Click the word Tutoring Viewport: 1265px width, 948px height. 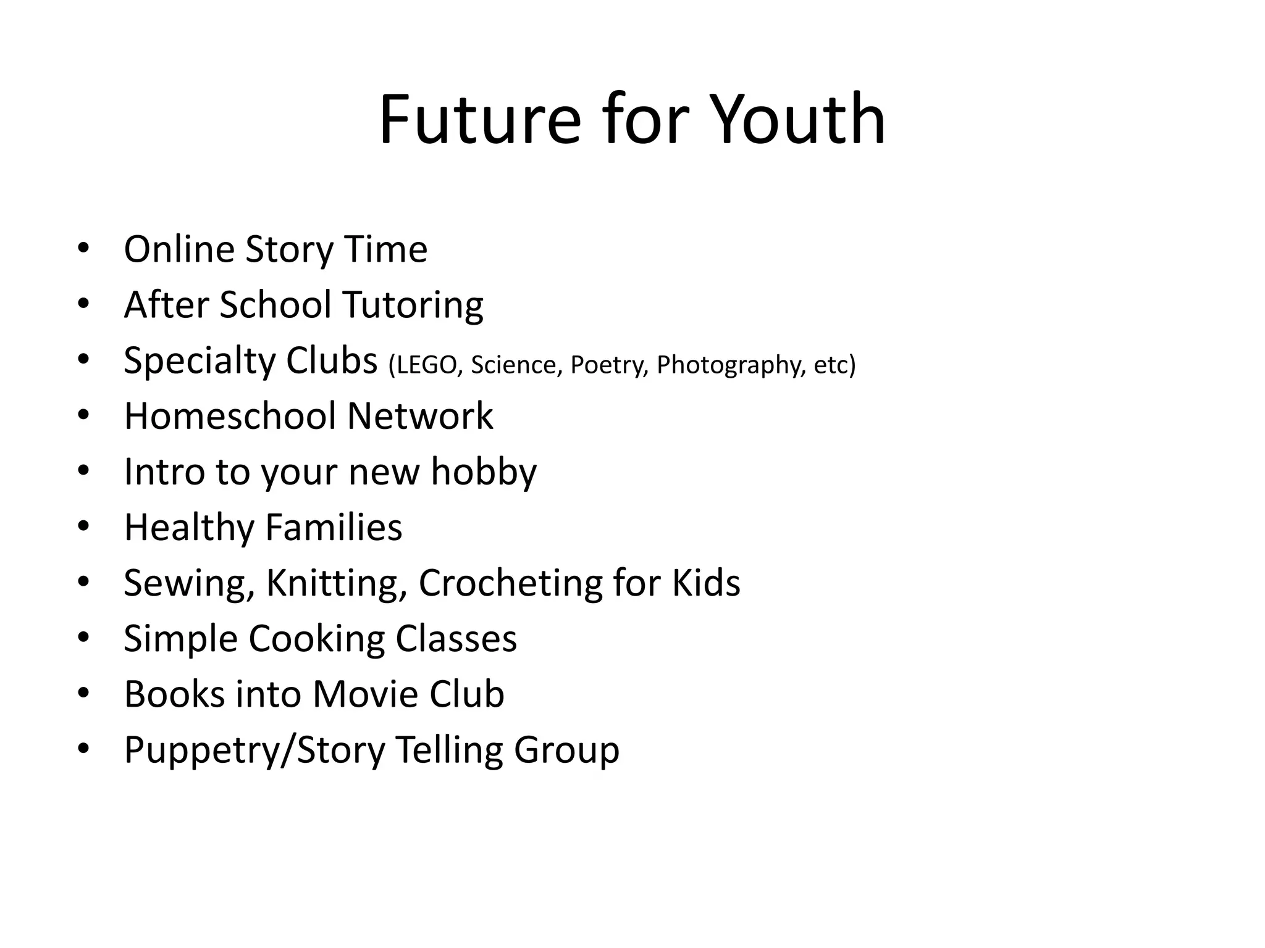pos(413,306)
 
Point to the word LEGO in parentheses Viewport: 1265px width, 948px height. pos(426,365)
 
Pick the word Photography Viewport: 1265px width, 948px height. pos(731,365)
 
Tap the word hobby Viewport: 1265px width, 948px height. pos(484,472)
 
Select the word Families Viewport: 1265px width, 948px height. pos(334,528)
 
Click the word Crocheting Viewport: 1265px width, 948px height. pos(510,583)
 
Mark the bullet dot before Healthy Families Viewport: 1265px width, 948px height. pos(84,526)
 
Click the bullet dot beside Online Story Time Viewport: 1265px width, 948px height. pos(84,249)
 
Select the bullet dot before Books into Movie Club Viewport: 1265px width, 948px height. pos(84,693)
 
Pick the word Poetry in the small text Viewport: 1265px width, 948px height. pos(609,365)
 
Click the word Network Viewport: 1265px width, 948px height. pos(420,416)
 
